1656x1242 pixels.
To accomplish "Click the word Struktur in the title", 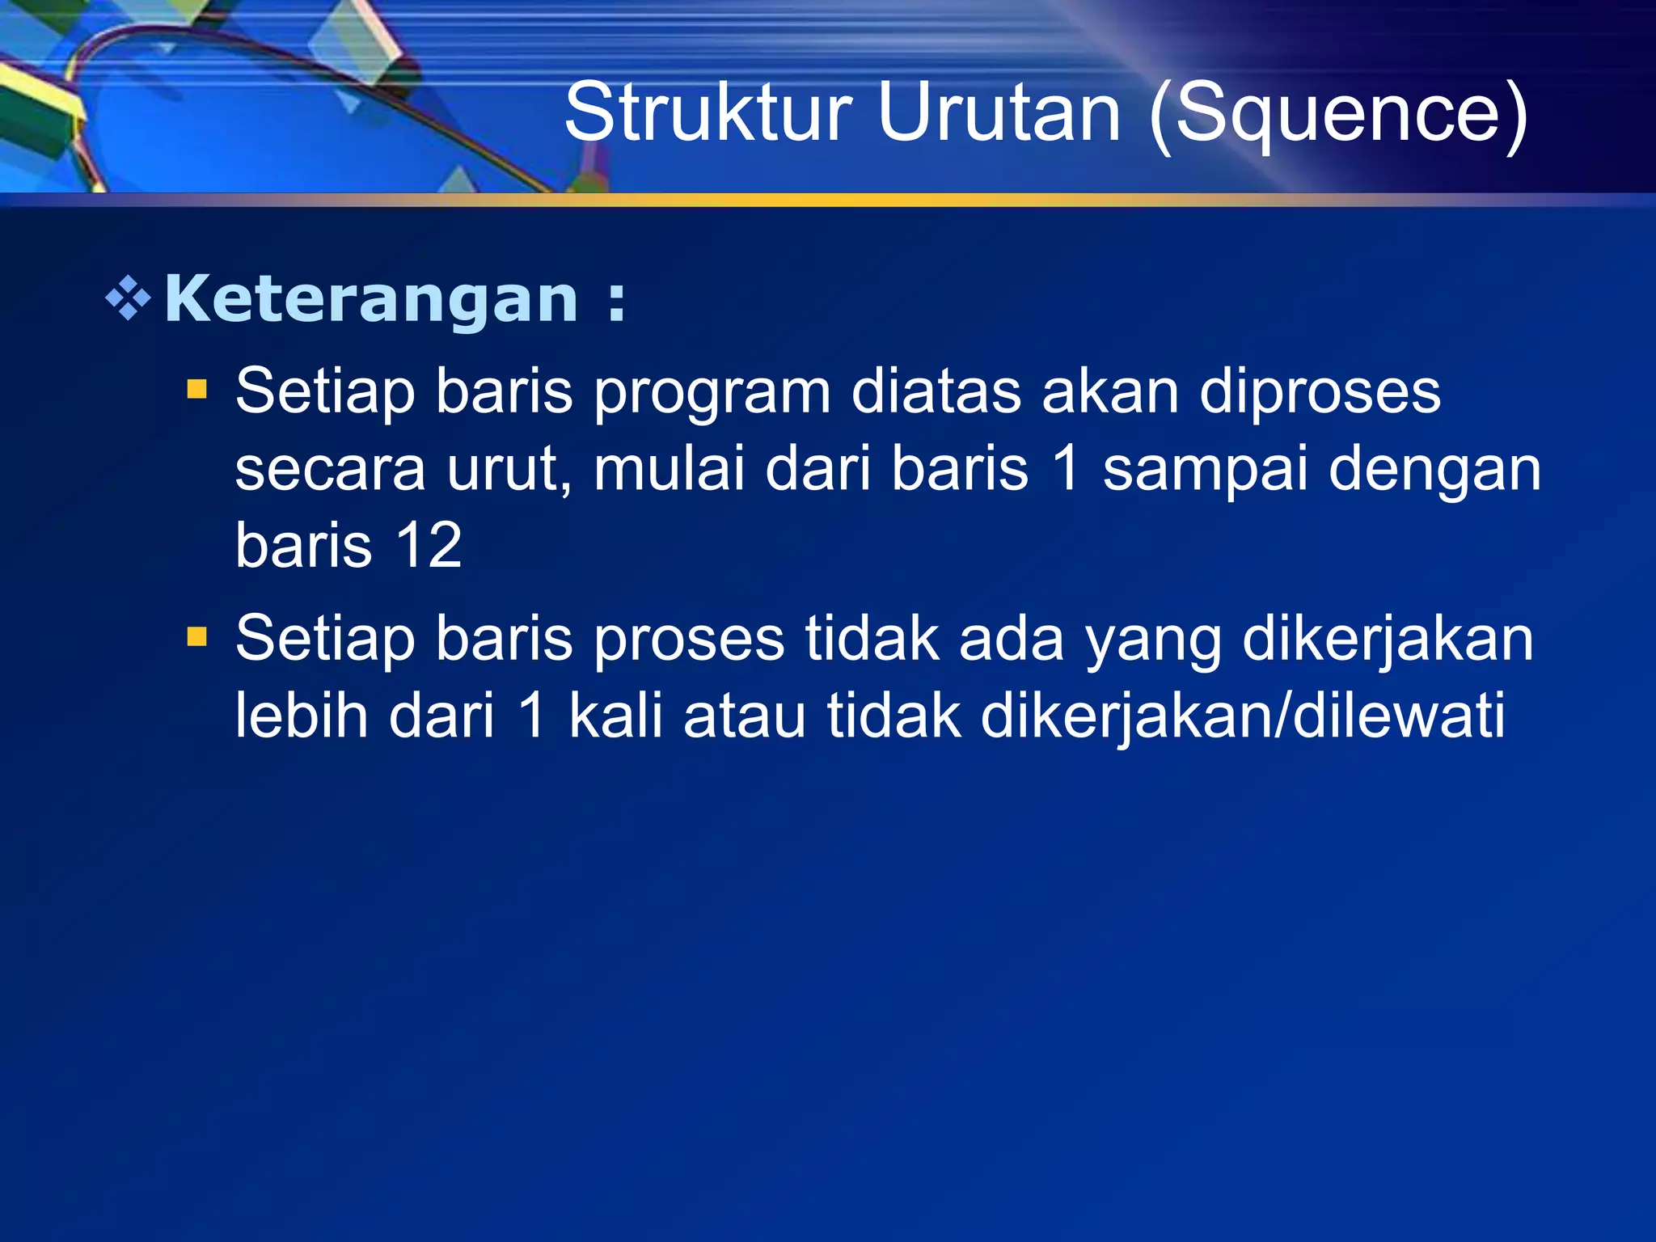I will (708, 112).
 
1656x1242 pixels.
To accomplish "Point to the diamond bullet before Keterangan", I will (129, 300).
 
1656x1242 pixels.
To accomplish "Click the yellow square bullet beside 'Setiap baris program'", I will (197, 391).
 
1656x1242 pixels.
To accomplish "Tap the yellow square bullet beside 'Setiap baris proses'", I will (197, 637).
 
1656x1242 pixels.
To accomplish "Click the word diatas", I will (936, 391).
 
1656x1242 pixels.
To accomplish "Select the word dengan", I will (1435, 471).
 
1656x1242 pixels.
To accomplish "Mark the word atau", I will (745, 716).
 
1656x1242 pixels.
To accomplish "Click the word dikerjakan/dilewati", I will (1243, 716).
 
